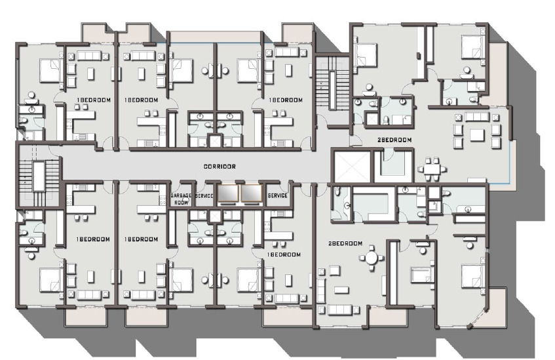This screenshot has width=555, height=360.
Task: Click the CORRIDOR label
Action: [x=220, y=166]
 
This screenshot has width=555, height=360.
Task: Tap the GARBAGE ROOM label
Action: [x=182, y=199]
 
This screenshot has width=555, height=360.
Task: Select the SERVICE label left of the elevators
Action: [x=204, y=195]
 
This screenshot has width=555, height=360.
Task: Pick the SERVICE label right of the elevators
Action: [x=278, y=195]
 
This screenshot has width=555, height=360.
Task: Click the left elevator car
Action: [x=228, y=193]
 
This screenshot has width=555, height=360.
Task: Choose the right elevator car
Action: [x=252, y=193]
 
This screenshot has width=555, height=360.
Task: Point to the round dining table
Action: [x=372, y=258]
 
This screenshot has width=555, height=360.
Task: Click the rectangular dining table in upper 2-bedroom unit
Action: [x=432, y=169]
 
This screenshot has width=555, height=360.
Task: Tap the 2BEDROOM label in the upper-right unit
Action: [x=394, y=140]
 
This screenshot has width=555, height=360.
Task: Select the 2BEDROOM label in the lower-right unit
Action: [x=345, y=243]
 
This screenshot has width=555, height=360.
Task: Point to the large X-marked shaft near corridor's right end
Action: [x=350, y=165]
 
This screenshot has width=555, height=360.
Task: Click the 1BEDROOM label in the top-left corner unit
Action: [x=94, y=100]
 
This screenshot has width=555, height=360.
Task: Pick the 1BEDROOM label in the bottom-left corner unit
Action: [x=93, y=239]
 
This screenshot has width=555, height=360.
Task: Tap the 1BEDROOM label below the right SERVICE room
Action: [x=284, y=254]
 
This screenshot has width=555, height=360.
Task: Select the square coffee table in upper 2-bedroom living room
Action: [x=476, y=135]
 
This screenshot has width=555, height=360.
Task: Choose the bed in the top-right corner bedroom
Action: [x=472, y=47]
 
